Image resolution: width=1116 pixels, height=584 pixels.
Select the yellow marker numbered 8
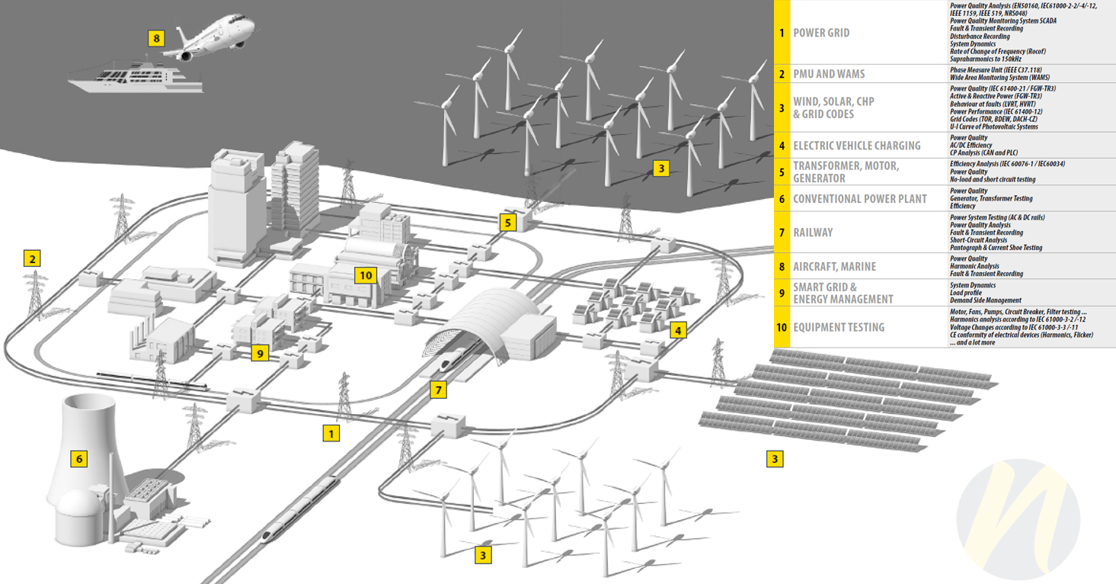click(156, 38)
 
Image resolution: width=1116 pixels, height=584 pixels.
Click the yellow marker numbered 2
click(33, 258)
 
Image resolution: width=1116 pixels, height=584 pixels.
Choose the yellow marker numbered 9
click(260, 354)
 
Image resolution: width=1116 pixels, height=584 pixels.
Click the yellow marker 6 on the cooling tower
click(79, 459)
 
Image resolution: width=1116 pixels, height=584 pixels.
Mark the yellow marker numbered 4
click(678, 330)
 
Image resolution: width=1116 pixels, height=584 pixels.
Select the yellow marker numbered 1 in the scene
click(331, 433)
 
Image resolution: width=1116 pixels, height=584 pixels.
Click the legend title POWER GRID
click(821, 33)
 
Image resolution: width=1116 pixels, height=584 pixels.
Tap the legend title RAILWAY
click(813, 233)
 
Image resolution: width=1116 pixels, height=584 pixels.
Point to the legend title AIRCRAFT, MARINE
click(834, 267)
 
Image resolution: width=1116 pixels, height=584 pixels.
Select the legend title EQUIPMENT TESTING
click(839, 327)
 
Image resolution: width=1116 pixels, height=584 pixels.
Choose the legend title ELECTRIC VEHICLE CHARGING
click(857, 146)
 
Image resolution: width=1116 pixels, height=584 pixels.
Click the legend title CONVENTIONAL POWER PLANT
click(860, 199)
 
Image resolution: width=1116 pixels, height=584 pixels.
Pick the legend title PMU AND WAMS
click(829, 74)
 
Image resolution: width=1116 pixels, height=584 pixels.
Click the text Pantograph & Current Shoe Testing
click(996, 248)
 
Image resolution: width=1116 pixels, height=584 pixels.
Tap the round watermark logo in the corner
click(1018, 518)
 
